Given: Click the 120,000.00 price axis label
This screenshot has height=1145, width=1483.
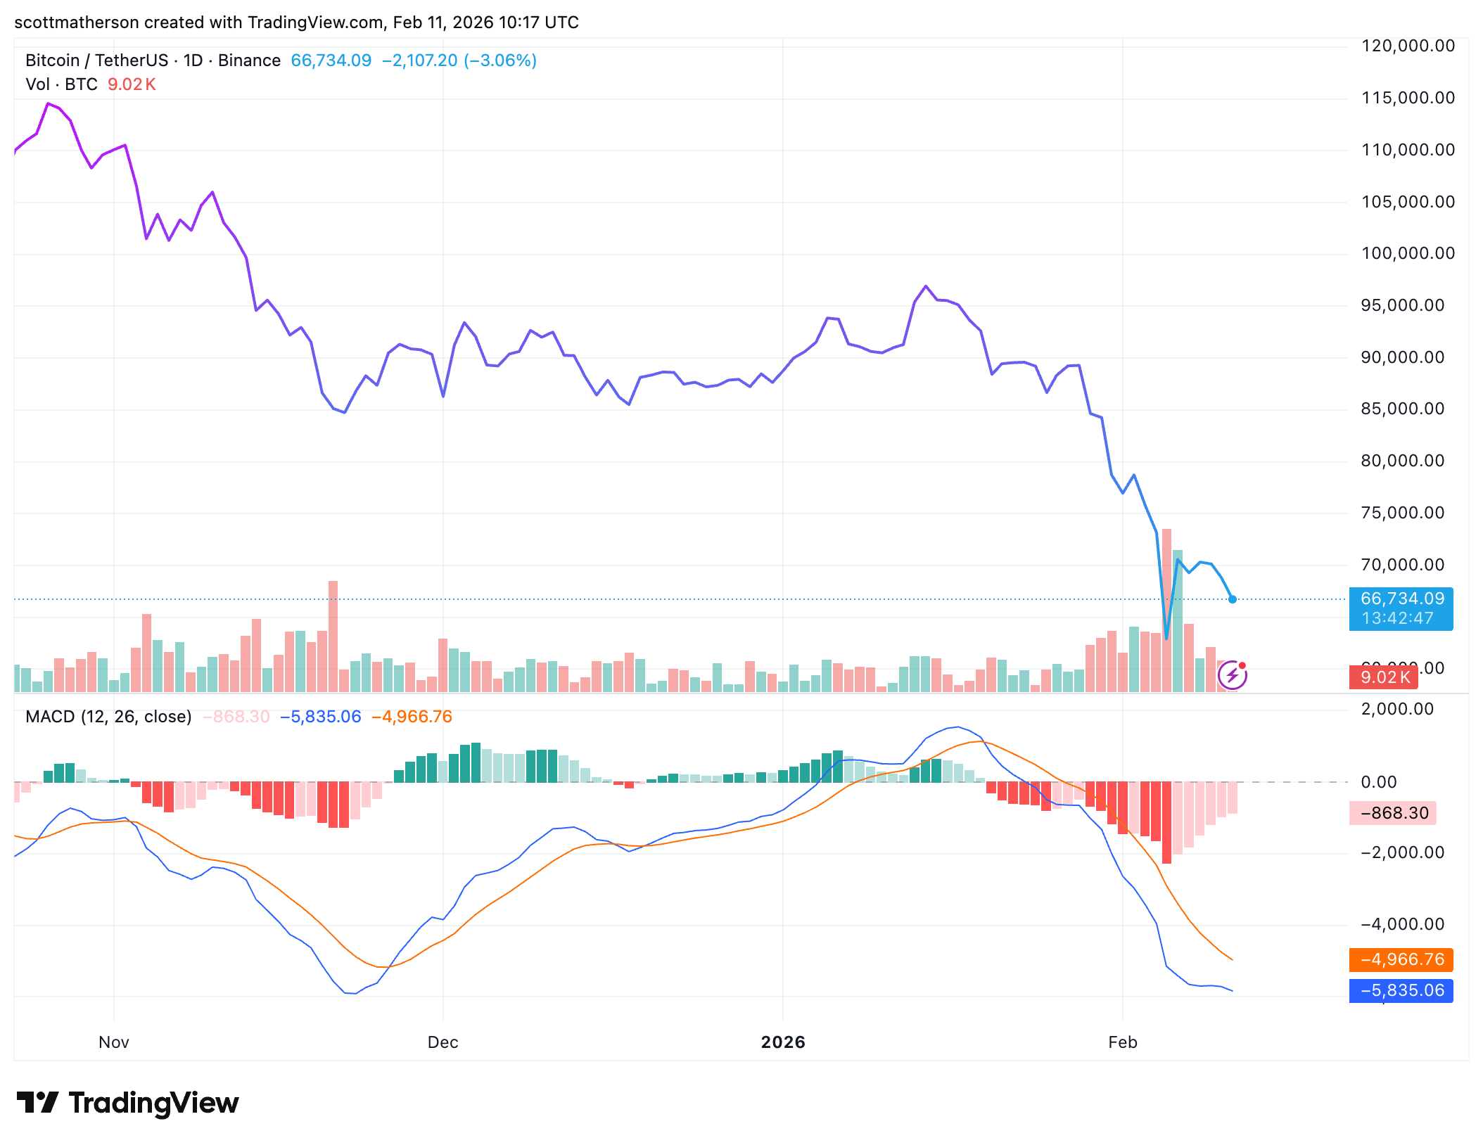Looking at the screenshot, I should click(1408, 46).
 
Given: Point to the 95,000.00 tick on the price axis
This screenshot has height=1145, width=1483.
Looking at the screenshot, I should click(1402, 305).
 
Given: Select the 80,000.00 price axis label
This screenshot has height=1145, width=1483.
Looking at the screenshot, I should click(1402, 461).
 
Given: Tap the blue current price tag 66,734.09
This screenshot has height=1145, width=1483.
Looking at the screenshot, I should click(1401, 599).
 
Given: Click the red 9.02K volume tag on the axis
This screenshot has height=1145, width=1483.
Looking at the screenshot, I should click(1384, 677).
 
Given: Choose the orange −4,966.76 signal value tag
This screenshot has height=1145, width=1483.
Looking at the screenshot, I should click(1401, 959).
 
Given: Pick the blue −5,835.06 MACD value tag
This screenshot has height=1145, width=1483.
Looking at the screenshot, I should click(1401, 990).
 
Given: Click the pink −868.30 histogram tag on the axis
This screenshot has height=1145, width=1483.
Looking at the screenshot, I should click(1394, 813).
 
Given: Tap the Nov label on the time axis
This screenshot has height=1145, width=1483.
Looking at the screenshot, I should click(114, 1042).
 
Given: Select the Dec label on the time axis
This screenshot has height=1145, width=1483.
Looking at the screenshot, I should click(443, 1042).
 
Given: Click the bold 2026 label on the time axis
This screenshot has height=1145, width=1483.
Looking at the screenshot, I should click(783, 1042).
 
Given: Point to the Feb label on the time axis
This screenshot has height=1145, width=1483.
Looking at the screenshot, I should click(1122, 1042).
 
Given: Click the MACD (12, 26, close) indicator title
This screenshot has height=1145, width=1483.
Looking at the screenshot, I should click(108, 717).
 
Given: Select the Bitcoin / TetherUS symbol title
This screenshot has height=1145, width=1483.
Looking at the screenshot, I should click(96, 60).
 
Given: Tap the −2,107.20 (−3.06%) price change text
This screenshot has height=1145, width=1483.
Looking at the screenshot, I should click(459, 60).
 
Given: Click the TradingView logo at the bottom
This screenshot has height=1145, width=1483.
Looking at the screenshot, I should click(128, 1103).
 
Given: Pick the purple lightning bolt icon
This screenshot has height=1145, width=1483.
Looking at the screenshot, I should click(1233, 676).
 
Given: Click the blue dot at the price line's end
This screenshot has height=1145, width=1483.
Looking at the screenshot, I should click(1233, 599).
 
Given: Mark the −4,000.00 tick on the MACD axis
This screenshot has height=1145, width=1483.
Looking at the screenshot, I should click(1402, 924).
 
